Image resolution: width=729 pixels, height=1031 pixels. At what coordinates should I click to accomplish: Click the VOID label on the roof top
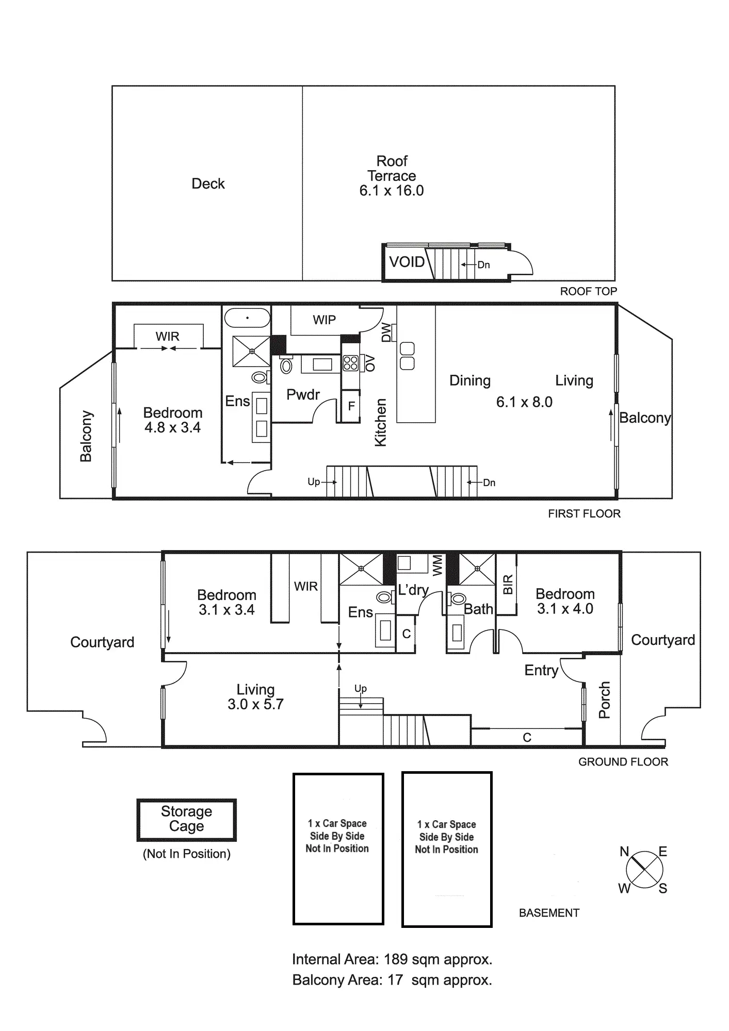pyautogui.click(x=407, y=262)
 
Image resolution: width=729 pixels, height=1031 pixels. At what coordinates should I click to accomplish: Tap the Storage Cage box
pyautogui.click(x=186, y=819)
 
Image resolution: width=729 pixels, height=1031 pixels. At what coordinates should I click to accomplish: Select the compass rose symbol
pyautogui.click(x=644, y=870)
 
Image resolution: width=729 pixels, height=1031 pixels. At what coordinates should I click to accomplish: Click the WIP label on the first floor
pyautogui.click(x=324, y=320)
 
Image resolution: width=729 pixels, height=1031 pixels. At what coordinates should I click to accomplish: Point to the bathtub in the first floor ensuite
pyautogui.click(x=248, y=318)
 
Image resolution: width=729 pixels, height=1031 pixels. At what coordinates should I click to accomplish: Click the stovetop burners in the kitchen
pyautogui.click(x=351, y=363)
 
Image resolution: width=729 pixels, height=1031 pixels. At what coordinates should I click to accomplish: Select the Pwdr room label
pyautogui.click(x=303, y=395)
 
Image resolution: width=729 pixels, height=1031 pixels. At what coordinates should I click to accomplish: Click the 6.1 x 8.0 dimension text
pyautogui.click(x=524, y=402)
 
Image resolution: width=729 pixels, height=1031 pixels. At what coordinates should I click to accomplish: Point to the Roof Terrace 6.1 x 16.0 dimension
pyautogui.click(x=392, y=191)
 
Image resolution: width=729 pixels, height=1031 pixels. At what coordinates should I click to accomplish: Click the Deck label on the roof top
pyautogui.click(x=208, y=184)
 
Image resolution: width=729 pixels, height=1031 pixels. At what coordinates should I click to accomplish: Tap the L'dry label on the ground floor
pyautogui.click(x=413, y=590)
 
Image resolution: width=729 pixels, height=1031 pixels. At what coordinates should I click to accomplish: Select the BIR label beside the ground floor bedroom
pyautogui.click(x=508, y=585)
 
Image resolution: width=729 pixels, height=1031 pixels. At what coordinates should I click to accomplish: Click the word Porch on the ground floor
pyautogui.click(x=604, y=700)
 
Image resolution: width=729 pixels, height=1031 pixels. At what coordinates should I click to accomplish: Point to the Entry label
pyautogui.click(x=541, y=670)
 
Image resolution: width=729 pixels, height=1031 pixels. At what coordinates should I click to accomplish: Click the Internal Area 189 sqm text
pyautogui.click(x=392, y=960)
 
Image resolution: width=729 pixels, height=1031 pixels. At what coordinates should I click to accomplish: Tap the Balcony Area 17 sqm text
pyautogui.click(x=392, y=980)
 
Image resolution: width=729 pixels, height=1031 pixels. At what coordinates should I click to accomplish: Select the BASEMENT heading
pyautogui.click(x=549, y=913)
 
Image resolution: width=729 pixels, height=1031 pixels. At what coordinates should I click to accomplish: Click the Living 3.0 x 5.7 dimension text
pyautogui.click(x=255, y=705)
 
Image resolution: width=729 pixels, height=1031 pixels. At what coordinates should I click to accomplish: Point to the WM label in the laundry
pyautogui.click(x=438, y=565)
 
